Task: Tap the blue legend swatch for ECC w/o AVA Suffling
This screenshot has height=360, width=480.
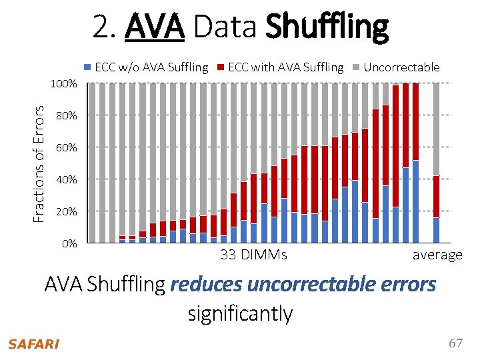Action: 88,67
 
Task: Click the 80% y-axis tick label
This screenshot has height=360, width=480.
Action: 67,116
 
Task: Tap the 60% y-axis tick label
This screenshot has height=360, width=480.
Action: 67,147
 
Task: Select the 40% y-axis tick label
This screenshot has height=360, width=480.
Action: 67,179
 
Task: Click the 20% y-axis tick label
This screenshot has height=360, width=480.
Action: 67,211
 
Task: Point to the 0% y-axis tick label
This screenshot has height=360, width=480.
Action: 69,243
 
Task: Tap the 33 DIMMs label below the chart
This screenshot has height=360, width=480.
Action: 253,255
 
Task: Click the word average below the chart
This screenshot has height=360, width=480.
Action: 437,255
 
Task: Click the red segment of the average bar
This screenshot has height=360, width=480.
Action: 436,197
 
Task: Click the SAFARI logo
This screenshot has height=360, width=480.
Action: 33,344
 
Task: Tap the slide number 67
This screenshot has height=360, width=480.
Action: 455,343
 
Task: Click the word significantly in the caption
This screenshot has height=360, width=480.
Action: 240,313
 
